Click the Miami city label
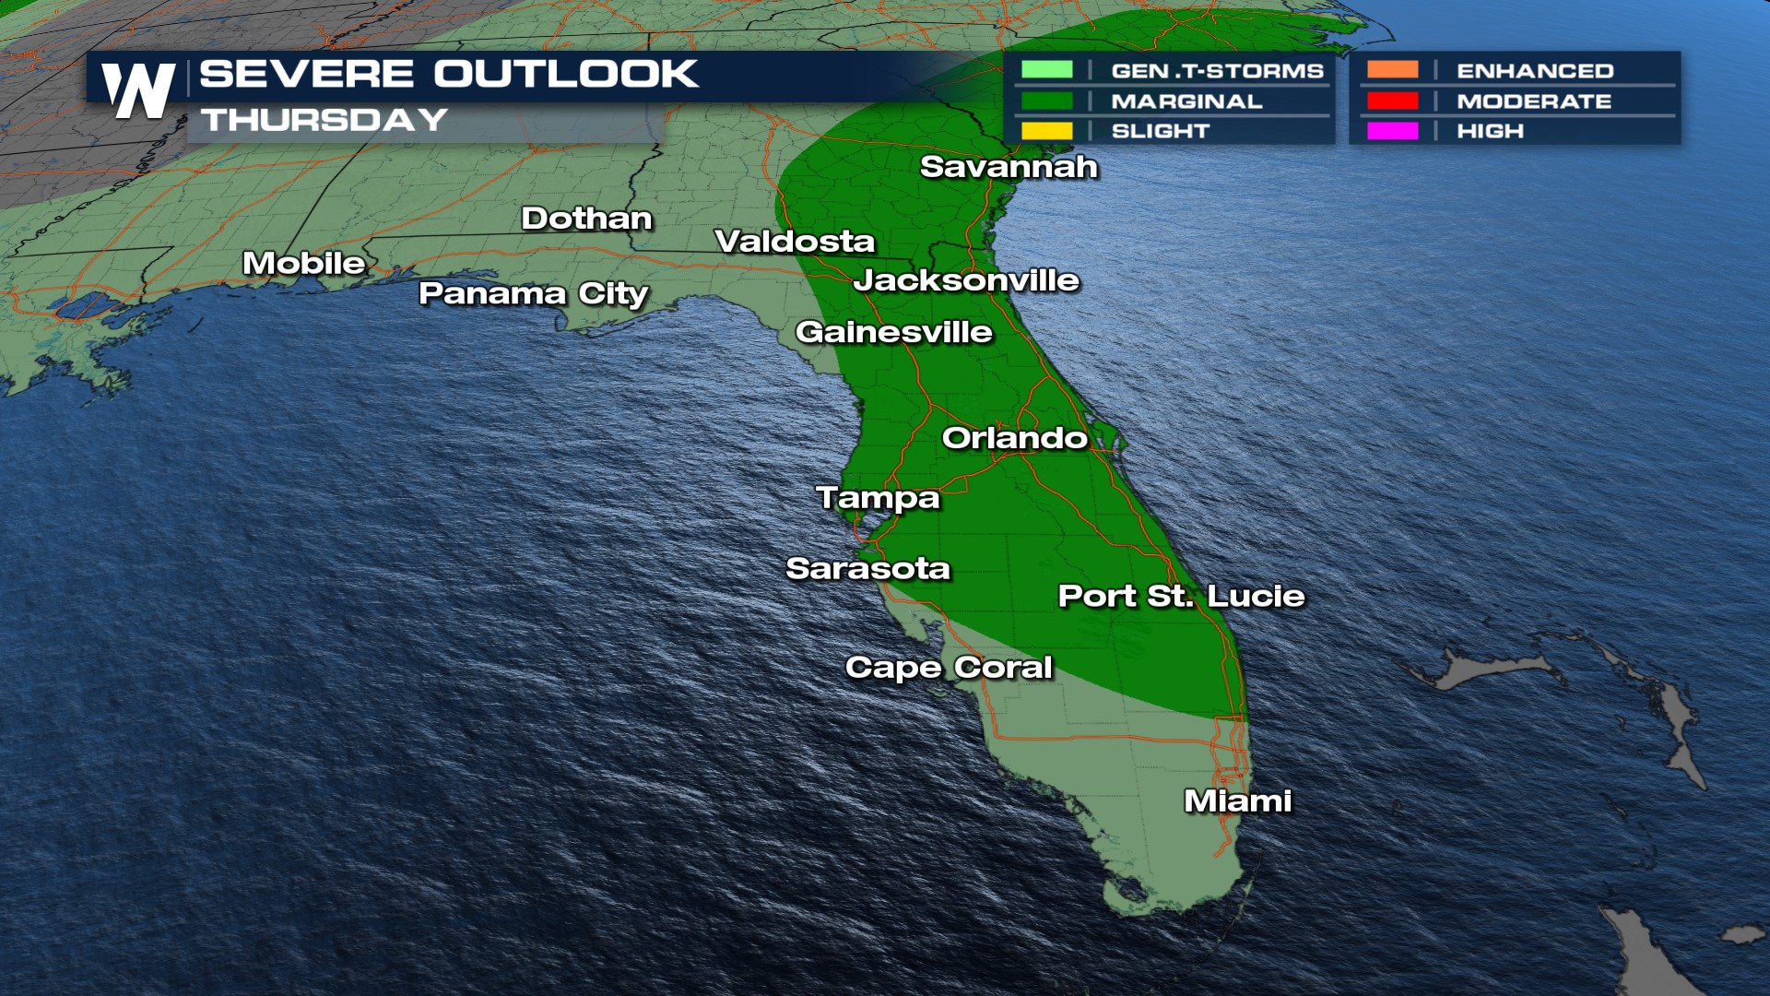coord(1237,800)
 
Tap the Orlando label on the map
coord(1014,437)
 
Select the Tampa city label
coord(878,498)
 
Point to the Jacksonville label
coord(966,280)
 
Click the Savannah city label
coord(1009,167)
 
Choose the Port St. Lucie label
coord(1181,596)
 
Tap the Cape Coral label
coord(949,667)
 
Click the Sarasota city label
coord(867,568)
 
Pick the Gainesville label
coord(893,332)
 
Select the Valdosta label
coord(795,242)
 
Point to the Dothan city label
coord(586,219)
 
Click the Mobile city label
coord(304,263)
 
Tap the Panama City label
coord(534,294)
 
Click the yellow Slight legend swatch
coord(1046,131)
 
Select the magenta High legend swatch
coord(1392,131)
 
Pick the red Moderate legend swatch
coord(1392,101)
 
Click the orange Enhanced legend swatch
coord(1392,70)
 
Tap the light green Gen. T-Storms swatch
coord(1046,70)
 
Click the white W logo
coord(138,90)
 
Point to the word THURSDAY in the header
coord(324,120)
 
